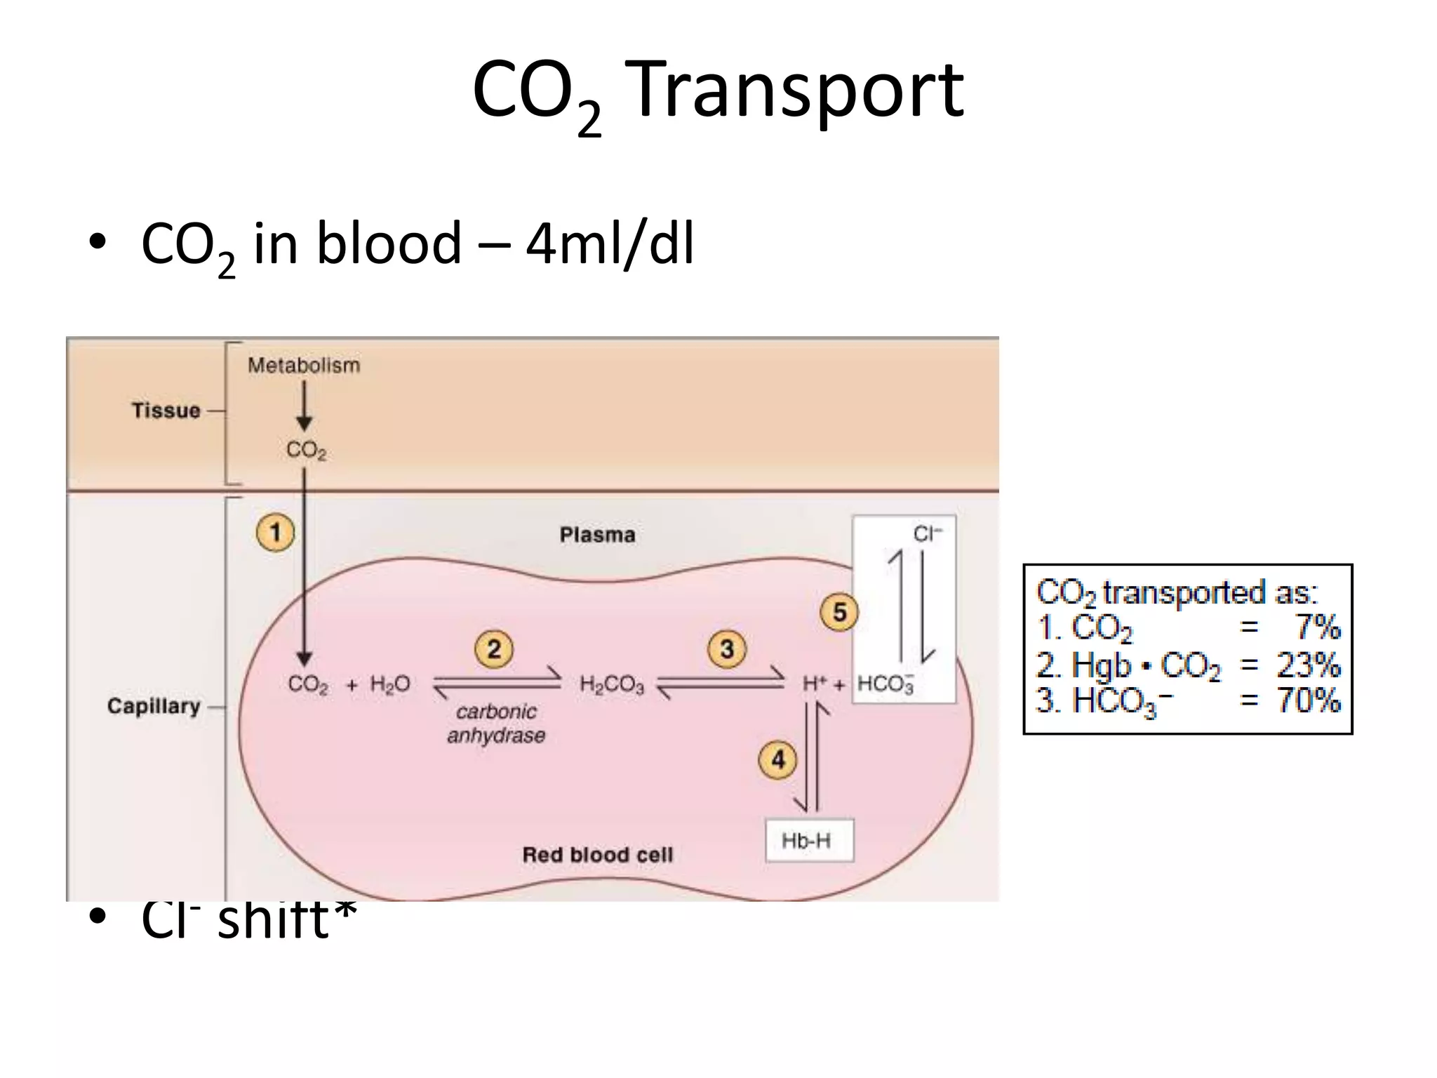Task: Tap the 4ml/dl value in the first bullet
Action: click(x=610, y=244)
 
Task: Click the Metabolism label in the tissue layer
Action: click(x=304, y=365)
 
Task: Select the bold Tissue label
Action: click(x=166, y=410)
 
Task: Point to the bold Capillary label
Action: click(x=154, y=705)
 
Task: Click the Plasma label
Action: click(x=597, y=535)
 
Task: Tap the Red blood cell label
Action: click(x=597, y=854)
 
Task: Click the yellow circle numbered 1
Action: click(x=275, y=533)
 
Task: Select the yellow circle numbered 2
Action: click(x=494, y=649)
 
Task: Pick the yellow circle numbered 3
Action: click(x=727, y=649)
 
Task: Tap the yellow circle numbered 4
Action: click(x=778, y=760)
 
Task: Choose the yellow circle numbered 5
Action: click(x=839, y=613)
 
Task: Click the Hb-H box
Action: click(x=808, y=840)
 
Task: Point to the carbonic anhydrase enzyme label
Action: click(x=496, y=723)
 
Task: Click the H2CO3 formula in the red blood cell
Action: click(x=611, y=684)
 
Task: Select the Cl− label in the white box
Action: click(x=927, y=535)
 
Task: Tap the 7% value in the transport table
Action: click(x=1318, y=626)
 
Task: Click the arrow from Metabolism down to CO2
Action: click(x=304, y=406)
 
